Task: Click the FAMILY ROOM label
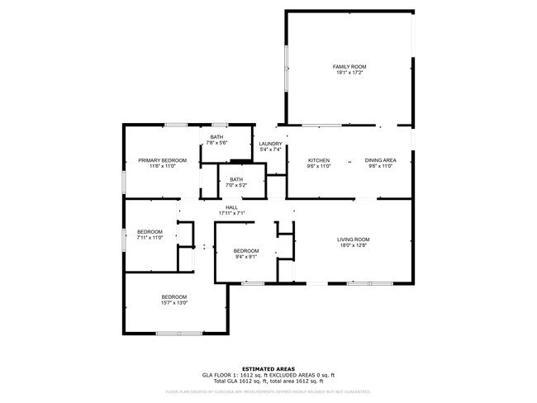tap(349, 67)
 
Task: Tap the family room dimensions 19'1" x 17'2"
tap(349, 73)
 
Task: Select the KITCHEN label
tap(319, 160)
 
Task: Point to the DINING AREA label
tap(381, 160)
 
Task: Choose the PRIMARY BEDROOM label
tap(163, 160)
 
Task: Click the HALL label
tap(232, 207)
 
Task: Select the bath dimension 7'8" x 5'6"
tap(216, 143)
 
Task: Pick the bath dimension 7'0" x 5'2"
tap(236, 185)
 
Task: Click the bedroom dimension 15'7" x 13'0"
tap(174, 302)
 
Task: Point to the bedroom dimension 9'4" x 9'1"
tap(245, 257)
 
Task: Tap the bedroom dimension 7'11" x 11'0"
tap(150, 238)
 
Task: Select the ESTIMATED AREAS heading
tap(268, 368)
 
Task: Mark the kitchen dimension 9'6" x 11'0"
tap(319, 166)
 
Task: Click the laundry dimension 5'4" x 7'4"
tap(271, 150)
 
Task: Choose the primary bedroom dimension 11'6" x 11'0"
tap(163, 166)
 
